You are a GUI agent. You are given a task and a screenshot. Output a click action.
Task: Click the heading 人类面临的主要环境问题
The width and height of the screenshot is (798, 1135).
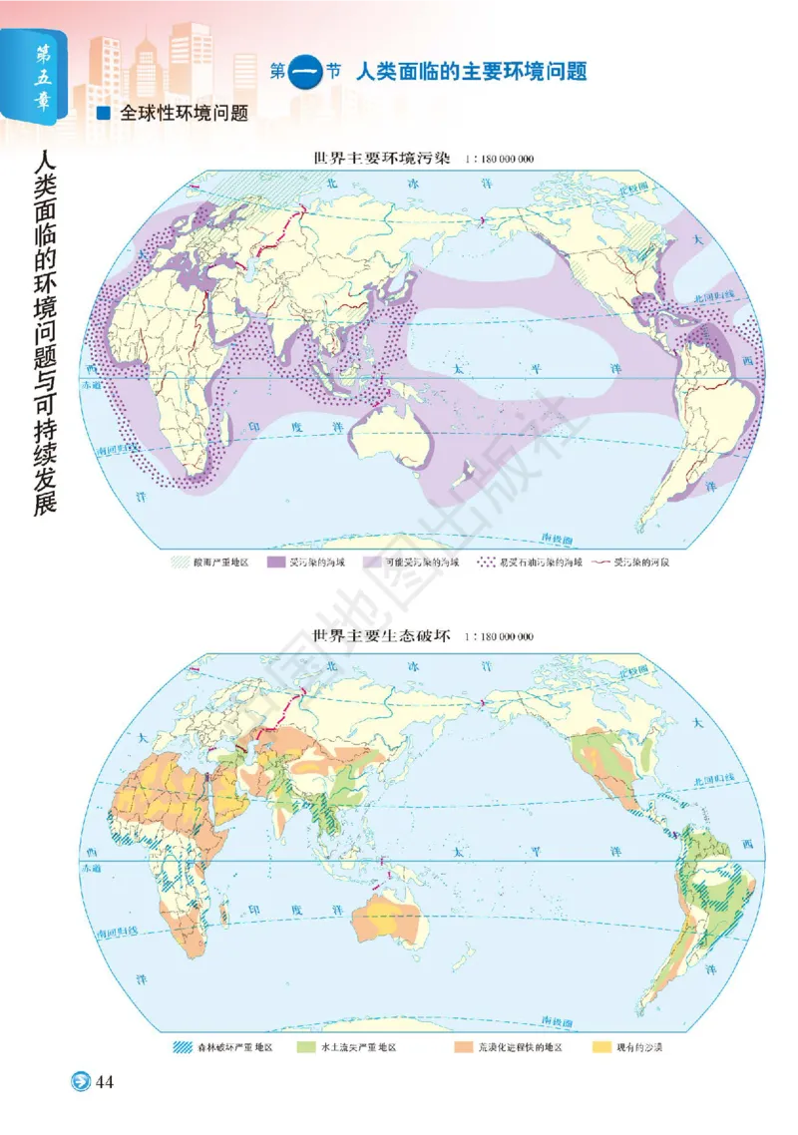[x=470, y=71]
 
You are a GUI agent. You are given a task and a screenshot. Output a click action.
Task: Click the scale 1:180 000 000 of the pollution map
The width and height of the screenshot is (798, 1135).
[x=499, y=159]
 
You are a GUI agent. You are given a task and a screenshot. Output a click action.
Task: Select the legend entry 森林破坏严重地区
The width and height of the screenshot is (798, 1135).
[x=229, y=1048]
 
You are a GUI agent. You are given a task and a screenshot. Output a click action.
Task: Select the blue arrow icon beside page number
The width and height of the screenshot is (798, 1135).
[x=79, y=1082]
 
